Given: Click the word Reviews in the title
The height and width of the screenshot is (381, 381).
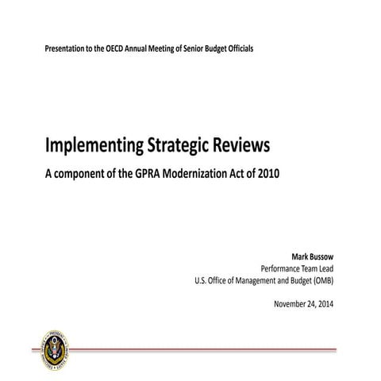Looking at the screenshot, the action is [242, 145].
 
